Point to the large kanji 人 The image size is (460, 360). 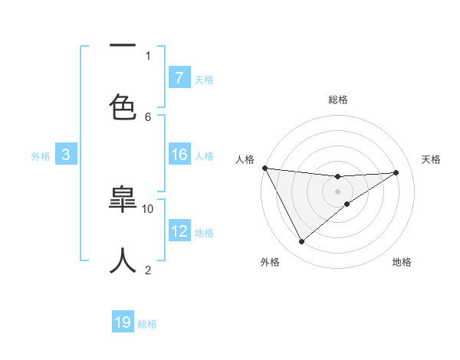pyautogui.click(x=123, y=260)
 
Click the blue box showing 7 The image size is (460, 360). pyautogui.click(x=179, y=77)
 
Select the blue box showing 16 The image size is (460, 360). pyautogui.click(x=179, y=155)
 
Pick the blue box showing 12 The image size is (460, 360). pyautogui.click(x=179, y=231)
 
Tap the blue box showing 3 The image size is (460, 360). pyautogui.click(x=66, y=155)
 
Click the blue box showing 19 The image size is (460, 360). pyautogui.click(x=123, y=322)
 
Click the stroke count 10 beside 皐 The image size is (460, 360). pyautogui.click(x=148, y=208)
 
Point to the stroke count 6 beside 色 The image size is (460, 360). pyautogui.click(x=148, y=116)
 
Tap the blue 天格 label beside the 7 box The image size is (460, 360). pyautogui.click(x=204, y=79)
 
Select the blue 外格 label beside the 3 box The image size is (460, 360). pyautogui.click(x=41, y=156)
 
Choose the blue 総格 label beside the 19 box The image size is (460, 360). pyautogui.click(x=147, y=324)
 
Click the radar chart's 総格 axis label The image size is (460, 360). pyautogui.click(x=338, y=100)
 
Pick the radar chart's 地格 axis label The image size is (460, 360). pyautogui.click(x=402, y=262)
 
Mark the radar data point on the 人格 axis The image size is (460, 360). pyautogui.click(x=264, y=168)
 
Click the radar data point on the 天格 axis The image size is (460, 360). pyautogui.click(x=396, y=172)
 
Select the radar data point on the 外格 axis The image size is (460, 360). pyautogui.click(x=301, y=242)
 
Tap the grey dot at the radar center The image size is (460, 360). pyautogui.click(x=337, y=191)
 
